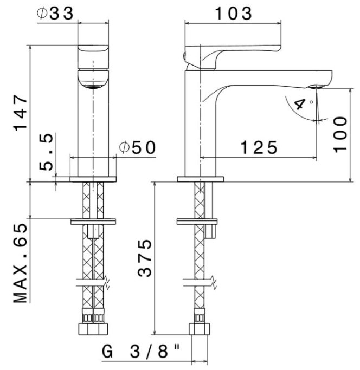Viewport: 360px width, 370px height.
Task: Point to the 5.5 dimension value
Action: click(x=48, y=154)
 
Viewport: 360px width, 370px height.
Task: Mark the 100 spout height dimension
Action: click(x=340, y=133)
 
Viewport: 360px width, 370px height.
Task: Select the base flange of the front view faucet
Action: click(x=94, y=179)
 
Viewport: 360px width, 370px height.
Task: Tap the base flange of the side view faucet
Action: click(x=200, y=179)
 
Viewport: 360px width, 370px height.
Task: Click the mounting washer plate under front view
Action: click(x=94, y=222)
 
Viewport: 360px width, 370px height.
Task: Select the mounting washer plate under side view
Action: click(x=200, y=222)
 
